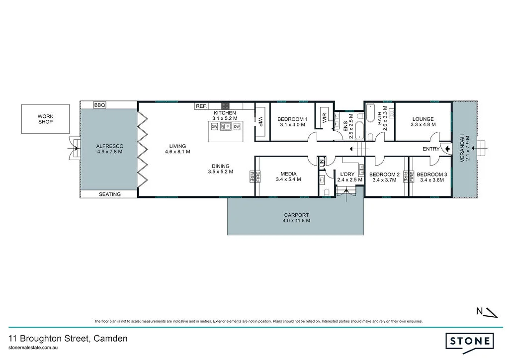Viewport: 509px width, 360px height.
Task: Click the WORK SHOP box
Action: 45,119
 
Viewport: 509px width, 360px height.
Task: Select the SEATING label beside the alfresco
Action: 109,194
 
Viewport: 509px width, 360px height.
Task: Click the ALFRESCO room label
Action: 109,146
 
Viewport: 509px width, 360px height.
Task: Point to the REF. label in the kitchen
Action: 201,106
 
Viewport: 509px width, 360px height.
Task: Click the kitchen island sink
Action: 225,127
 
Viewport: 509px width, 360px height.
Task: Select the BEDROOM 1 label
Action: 292,119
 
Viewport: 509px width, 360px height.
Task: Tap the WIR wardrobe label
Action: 324,118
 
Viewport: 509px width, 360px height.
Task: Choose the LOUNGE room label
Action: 423,119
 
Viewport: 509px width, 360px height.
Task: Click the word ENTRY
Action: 431,149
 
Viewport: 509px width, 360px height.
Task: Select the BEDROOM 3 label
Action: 431,175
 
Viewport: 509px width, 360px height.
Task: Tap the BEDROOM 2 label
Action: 384,175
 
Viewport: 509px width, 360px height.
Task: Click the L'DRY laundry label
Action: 347,175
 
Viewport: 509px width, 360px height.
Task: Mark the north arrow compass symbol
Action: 487,312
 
